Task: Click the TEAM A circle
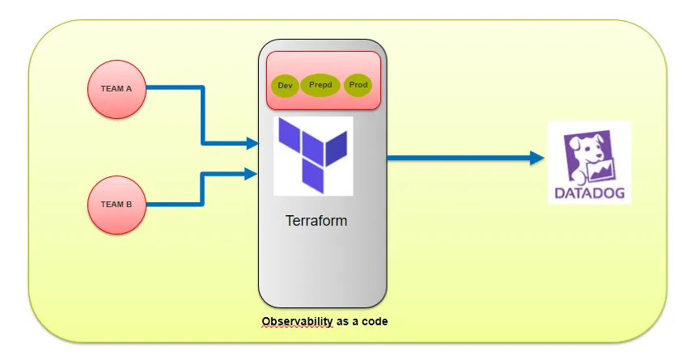pos(117,90)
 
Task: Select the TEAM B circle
pos(117,205)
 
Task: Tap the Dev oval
pos(285,86)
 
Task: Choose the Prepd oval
pos(320,85)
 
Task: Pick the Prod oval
pos(358,85)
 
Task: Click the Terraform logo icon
pos(313,155)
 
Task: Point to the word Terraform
pos(316,220)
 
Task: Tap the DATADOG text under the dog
pos(589,193)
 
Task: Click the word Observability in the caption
pos(297,321)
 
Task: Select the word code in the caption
pos(375,321)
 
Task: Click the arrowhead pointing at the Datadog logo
pos(537,158)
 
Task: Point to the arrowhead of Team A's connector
pos(252,143)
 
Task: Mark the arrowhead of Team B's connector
pos(252,174)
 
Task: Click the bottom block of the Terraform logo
pos(313,176)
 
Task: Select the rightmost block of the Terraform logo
pos(337,149)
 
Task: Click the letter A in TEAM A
pos(129,89)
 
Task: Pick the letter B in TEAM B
pos(129,205)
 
